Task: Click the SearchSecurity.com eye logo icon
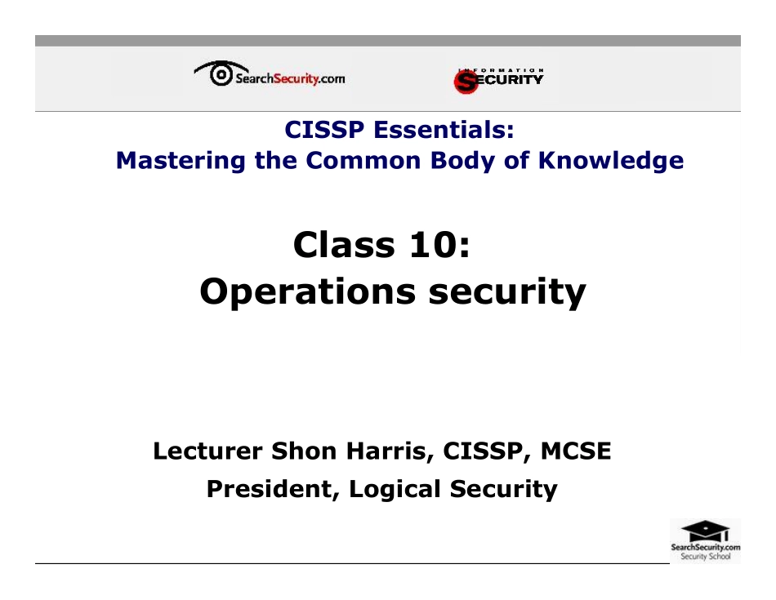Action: click(x=219, y=75)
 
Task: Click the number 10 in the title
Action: click(x=434, y=244)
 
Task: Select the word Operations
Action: click(x=304, y=291)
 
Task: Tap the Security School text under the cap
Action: click(x=705, y=557)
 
